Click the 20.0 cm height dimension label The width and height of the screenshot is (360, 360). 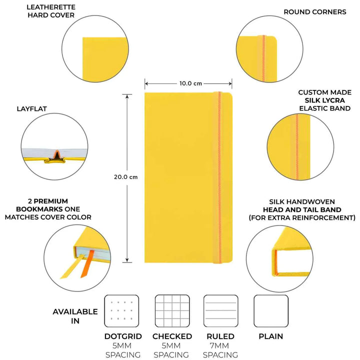pyautogui.click(x=125, y=176)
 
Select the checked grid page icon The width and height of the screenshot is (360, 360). pyautogui.click(x=172, y=311)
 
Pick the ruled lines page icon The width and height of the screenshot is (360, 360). pyautogui.click(x=220, y=311)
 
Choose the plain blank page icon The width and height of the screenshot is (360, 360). pyautogui.click(x=271, y=311)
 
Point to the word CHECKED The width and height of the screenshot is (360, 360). pyautogui.click(x=172, y=336)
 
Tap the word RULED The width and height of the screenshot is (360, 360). pyautogui.click(x=220, y=336)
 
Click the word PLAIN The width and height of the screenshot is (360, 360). pyautogui.click(x=271, y=336)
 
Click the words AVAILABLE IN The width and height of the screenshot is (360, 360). pyautogui.click(x=75, y=316)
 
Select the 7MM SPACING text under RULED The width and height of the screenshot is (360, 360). pyautogui.click(x=220, y=350)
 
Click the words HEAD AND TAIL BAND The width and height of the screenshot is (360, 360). pyautogui.click(x=302, y=209)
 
